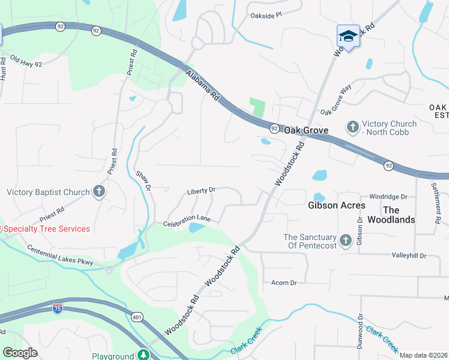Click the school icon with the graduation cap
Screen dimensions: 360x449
tap(348, 36)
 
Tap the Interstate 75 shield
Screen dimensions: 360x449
tap(58, 309)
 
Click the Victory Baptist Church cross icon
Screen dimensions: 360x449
tap(99, 192)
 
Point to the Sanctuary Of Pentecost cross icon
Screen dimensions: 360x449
tap(345, 241)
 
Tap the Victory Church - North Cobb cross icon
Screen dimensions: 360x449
tap(352, 127)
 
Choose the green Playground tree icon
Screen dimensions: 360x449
tap(143, 355)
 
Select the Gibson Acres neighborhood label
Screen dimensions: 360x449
tap(336, 205)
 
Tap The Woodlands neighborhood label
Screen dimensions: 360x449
tap(399, 215)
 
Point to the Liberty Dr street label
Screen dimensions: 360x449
tap(201, 191)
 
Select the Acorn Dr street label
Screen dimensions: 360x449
tap(284, 283)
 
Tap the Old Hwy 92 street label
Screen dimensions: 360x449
tap(26, 62)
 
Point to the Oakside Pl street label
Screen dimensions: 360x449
tap(266, 16)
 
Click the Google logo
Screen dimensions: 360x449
tap(20, 353)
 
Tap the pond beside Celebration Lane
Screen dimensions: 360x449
tap(196, 227)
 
